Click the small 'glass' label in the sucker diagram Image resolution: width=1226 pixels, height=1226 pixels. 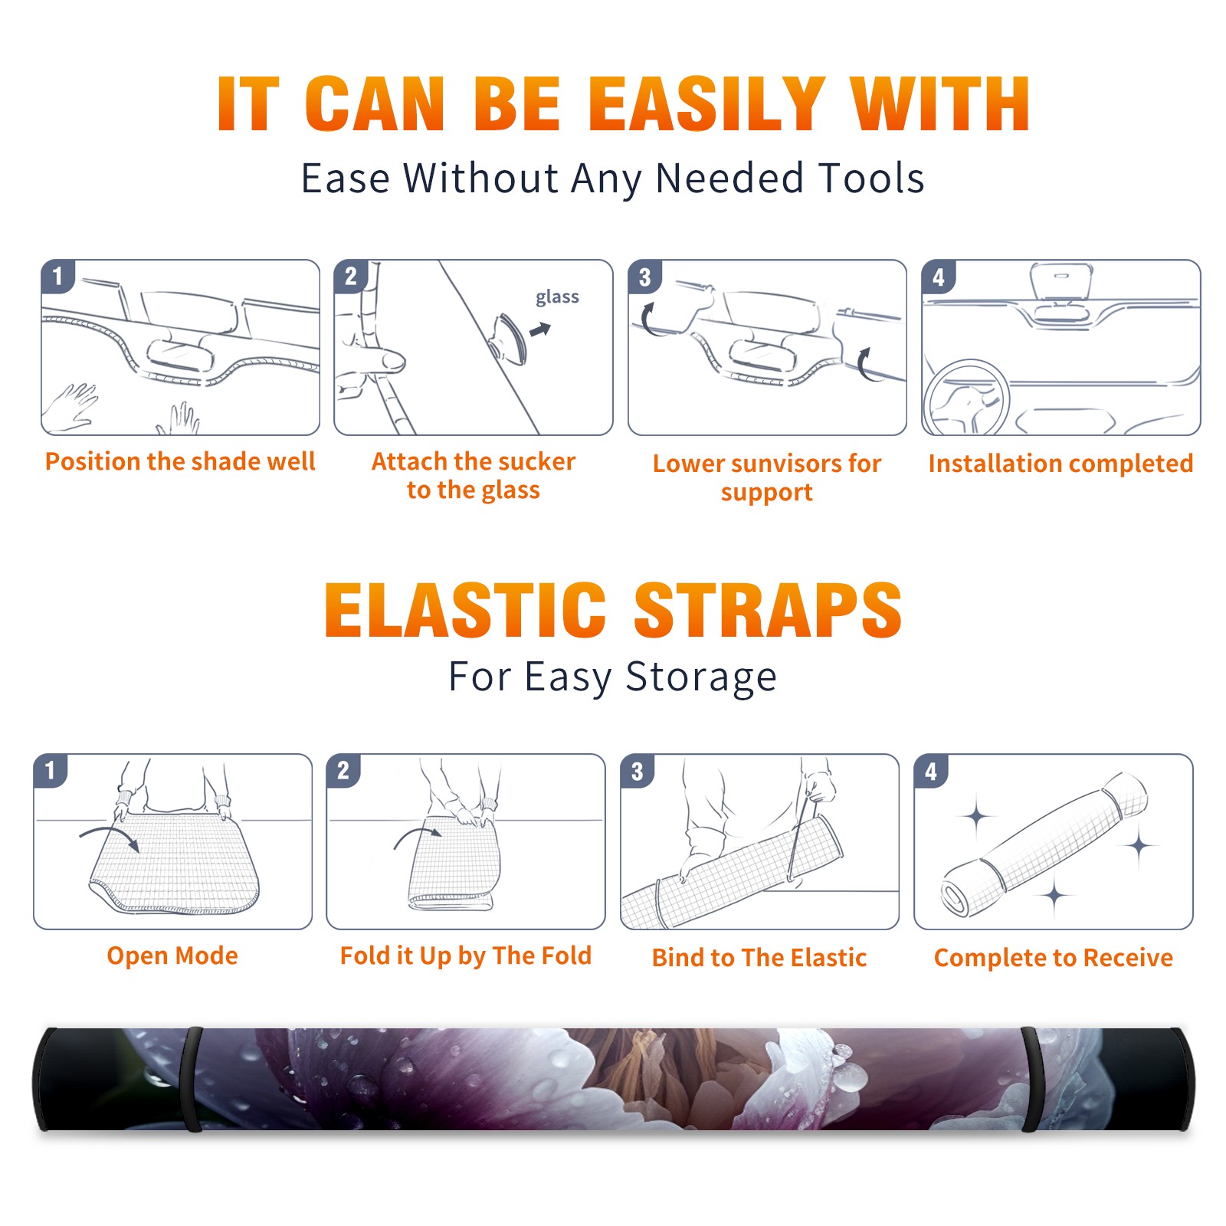557,297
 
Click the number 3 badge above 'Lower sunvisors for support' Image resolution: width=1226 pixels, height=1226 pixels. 644,277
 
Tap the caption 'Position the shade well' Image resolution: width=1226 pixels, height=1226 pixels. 180,462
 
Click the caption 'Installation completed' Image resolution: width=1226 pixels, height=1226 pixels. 1060,464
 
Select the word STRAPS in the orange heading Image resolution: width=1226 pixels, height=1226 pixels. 768,610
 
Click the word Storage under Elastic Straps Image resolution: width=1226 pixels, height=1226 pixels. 701,677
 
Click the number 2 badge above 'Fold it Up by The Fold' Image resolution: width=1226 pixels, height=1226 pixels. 343,771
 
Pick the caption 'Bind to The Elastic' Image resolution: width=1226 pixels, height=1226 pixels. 759,958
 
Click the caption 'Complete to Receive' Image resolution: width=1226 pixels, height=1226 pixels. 1053,958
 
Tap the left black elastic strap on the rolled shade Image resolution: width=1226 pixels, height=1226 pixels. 191,1079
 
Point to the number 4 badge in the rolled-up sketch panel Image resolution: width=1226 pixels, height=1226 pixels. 931,771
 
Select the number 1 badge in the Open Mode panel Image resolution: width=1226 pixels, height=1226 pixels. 51,771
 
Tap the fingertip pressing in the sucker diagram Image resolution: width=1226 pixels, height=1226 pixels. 394,361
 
